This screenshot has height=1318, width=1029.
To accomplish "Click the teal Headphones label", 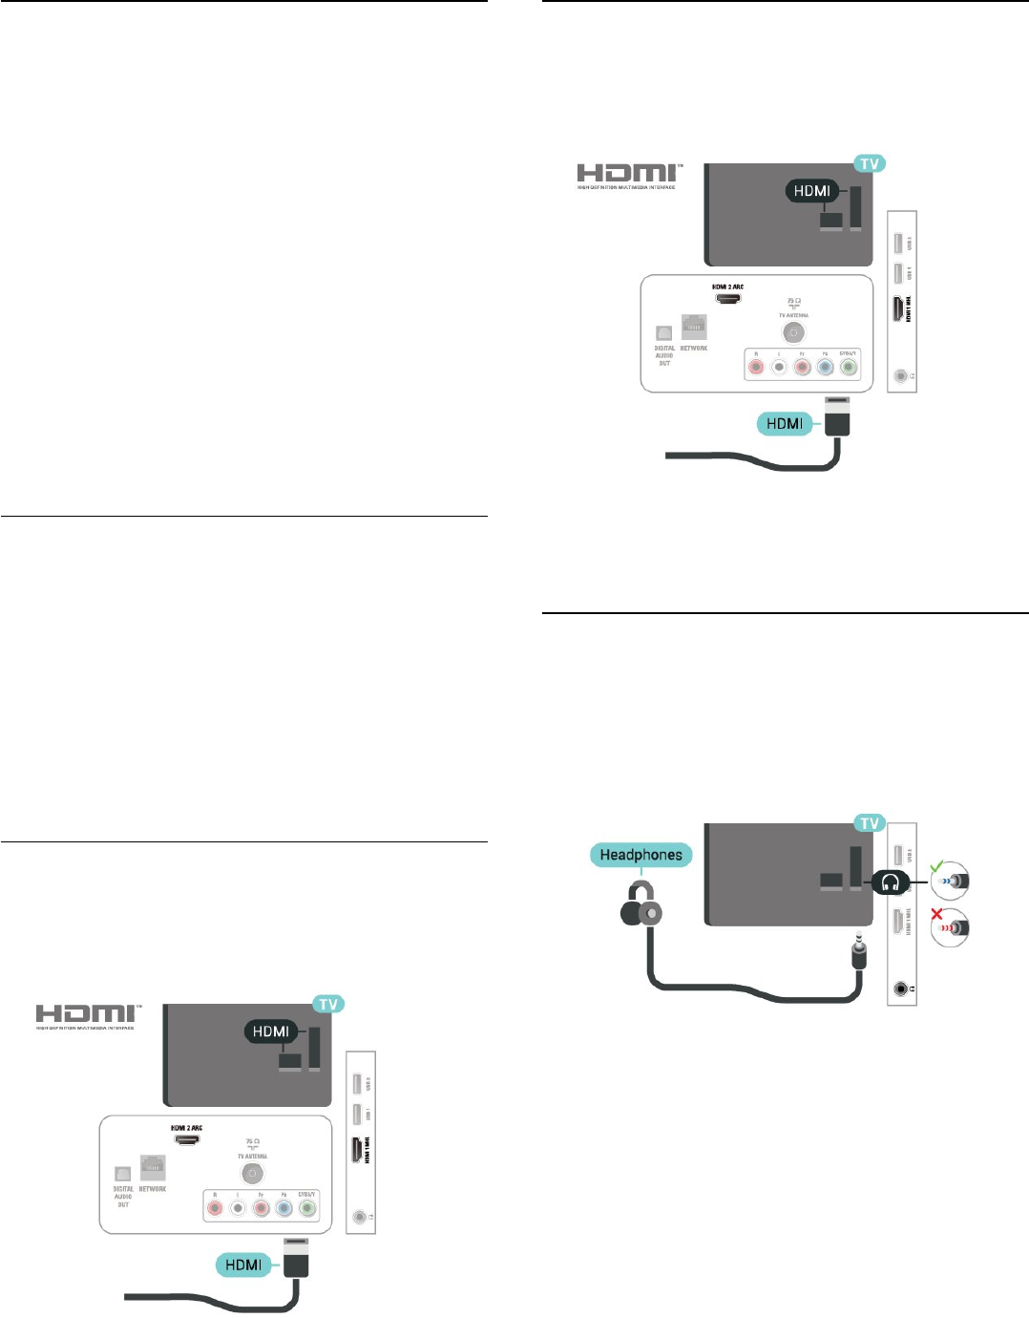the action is (640, 855).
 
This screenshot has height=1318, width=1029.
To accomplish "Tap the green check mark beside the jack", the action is (937, 866).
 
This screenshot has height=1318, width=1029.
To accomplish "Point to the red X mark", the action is (936, 915).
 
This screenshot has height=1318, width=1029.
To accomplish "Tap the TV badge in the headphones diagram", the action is (869, 823).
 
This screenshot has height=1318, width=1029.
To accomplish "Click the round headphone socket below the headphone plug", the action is (901, 989).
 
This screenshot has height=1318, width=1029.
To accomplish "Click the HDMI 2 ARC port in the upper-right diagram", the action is (728, 299).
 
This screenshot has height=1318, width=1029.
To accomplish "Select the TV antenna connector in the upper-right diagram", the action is (793, 332).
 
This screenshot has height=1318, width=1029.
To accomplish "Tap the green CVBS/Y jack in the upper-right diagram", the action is (848, 366).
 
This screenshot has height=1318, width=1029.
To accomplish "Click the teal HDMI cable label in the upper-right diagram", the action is (785, 423).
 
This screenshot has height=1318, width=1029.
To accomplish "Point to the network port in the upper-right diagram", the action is (694, 328).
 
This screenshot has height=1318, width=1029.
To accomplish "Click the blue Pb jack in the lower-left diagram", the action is (283, 1208).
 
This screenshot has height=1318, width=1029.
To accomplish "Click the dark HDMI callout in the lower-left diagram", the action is (271, 1031).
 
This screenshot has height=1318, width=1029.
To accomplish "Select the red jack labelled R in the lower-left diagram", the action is (215, 1208).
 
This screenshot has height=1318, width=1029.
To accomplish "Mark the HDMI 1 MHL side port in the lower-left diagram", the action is (360, 1151).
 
